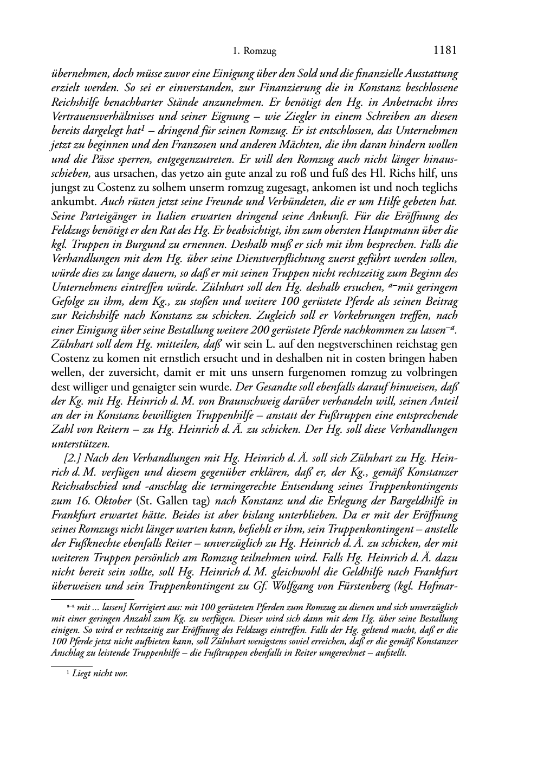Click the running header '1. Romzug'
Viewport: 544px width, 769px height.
[x=254, y=52]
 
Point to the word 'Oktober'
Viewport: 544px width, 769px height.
[x=113, y=501]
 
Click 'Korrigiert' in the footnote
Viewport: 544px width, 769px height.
[x=147, y=608]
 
